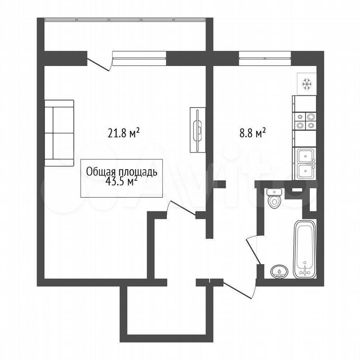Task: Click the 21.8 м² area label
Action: pyautogui.click(x=124, y=133)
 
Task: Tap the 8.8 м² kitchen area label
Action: pyautogui.click(x=253, y=133)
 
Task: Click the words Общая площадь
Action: pyautogui.click(x=121, y=172)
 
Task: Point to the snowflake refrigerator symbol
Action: pyautogui.click(x=307, y=84)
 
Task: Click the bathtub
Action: pyautogui.click(x=304, y=250)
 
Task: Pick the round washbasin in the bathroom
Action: pyautogui.click(x=279, y=272)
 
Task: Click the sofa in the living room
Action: pyautogui.click(x=59, y=133)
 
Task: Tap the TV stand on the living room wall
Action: pyautogui.click(x=198, y=130)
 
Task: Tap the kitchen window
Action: pyautogui.click(x=265, y=55)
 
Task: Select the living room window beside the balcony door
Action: pyautogui.click(x=139, y=55)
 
